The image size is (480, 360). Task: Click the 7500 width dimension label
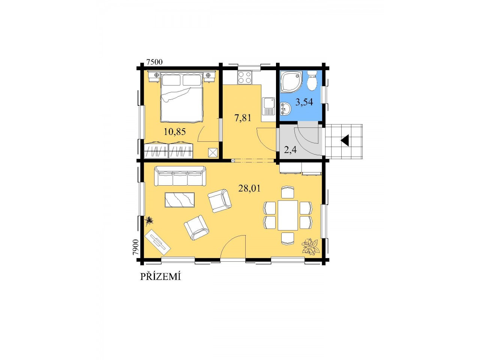tap(154, 62)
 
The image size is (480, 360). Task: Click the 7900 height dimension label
tap(136, 247)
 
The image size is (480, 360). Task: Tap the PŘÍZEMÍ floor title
tap(160, 276)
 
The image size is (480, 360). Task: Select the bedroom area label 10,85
tap(175, 132)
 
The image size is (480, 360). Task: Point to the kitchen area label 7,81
tap(243, 118)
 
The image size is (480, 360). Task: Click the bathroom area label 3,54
tap(304, 102)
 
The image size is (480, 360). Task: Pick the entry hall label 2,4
tap(290, 150)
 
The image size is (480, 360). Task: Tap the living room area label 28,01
tap(249, 188)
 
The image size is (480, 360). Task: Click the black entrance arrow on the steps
tap(345, 141)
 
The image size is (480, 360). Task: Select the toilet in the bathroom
tap(312, 81)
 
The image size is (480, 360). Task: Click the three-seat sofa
tap(180, 176)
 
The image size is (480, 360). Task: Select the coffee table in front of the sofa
tap(180, 199)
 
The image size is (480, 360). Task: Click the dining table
tap(288, 215)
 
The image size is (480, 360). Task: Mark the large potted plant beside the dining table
tap(310, 246)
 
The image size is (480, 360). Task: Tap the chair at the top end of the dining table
tap(288, 192)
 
